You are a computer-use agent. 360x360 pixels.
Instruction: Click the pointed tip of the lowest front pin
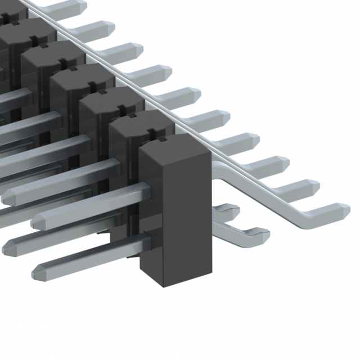(35, 272)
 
